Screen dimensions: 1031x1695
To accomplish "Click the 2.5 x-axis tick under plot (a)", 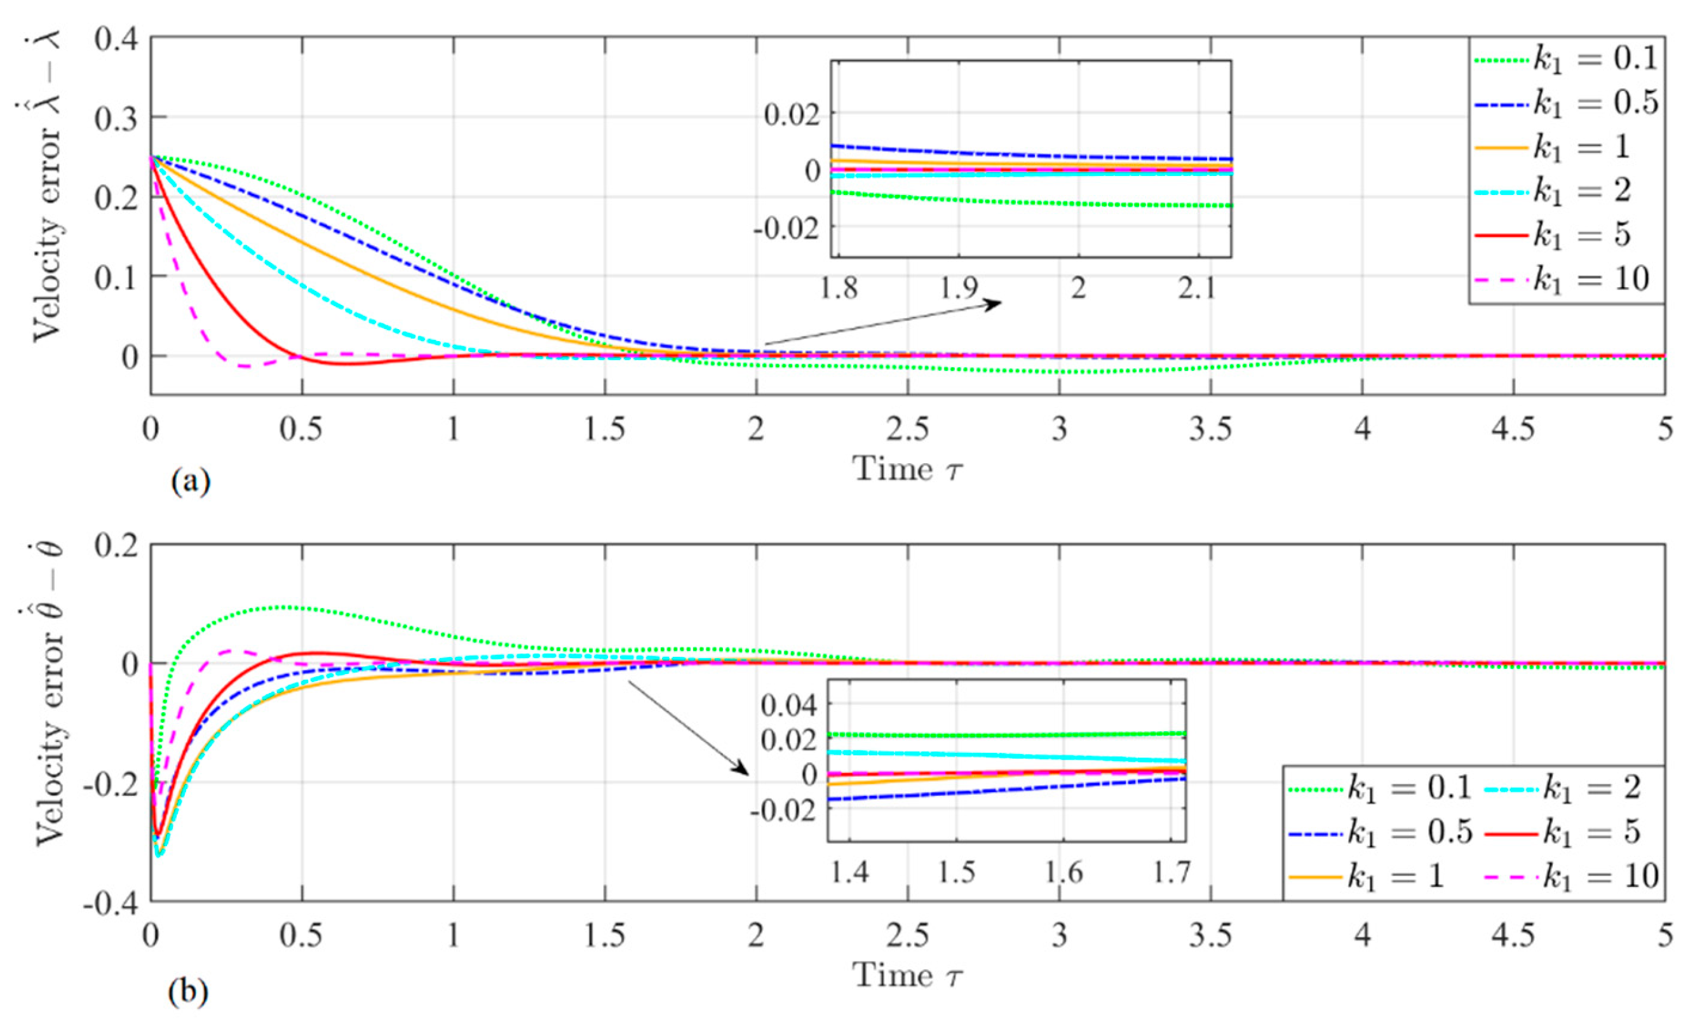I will click(908, 431).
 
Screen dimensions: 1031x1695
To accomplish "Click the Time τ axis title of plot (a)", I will click(907, 469).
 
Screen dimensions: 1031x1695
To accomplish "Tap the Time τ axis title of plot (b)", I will click(907, 976).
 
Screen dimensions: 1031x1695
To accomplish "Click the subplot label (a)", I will click(191, 481).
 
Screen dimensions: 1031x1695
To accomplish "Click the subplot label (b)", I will click(188, 992).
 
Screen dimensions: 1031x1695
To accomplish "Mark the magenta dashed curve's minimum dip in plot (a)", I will click(243, 367).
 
